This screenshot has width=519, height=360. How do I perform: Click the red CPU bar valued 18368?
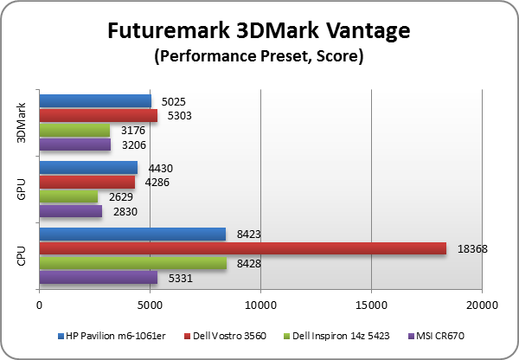pos(242,248)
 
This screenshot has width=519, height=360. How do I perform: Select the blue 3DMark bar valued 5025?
pos(95,101)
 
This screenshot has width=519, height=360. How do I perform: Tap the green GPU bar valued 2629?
pos(68,196)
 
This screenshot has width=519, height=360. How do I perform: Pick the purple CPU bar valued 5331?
pos(98,278)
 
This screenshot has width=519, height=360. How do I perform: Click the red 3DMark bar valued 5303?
pos(98,115)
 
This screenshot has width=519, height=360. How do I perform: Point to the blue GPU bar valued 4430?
pos(88,168)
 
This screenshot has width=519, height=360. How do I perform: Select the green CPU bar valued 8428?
pos(132,263)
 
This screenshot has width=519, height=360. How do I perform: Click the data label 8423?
pos(246,233)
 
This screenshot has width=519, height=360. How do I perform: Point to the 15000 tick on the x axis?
pos(371,305)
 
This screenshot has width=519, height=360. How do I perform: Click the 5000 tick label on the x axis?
pos(150,305)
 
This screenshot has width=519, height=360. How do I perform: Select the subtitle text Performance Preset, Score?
pos(259,58)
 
